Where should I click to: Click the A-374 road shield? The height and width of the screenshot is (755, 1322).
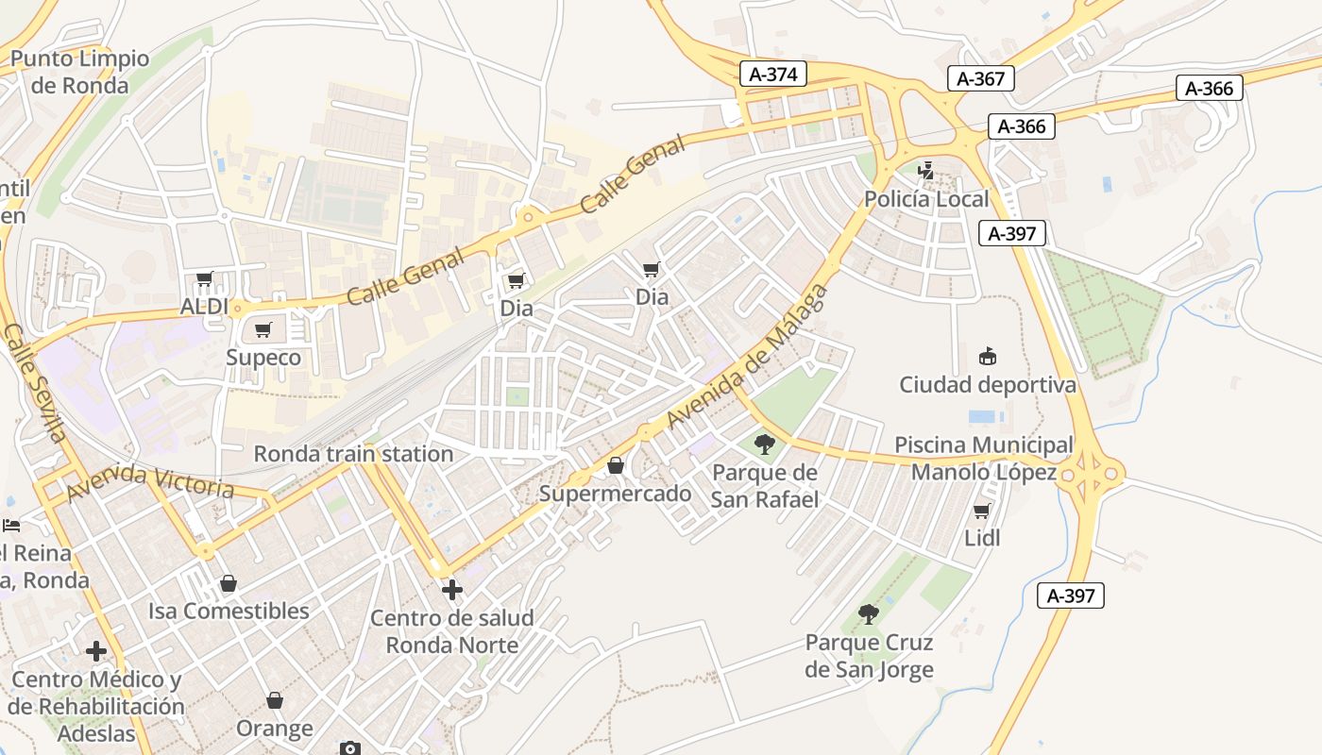tap(772, 75)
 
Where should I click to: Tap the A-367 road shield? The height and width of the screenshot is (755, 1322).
tap(980, 78)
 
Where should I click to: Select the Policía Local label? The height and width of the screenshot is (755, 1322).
tap(926, 199)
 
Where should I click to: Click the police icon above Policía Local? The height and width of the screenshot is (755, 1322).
tap(927, 171)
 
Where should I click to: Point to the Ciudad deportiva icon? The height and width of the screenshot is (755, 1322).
tap(988, 357)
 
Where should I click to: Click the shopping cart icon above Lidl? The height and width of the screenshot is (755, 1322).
tap(982, 511)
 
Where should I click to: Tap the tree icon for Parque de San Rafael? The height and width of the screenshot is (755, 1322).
tap(764, 444)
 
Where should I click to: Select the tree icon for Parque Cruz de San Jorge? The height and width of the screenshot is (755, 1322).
tap(869, 614)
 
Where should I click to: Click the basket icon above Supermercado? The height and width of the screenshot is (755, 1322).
tap(616, 465)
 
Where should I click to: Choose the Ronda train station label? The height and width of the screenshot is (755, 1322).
tap(353, 454)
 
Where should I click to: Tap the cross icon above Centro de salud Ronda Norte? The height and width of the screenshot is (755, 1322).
tap(452, 590)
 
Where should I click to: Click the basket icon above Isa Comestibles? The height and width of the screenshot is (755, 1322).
tap(228, 583)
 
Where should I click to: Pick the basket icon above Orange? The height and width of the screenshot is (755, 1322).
tap(275, 700)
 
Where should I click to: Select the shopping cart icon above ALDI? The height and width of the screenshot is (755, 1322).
tap(205, 279)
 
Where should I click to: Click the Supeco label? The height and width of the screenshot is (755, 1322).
tap(263, 358)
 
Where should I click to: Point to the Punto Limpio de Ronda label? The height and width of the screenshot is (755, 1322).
tap(79, 72)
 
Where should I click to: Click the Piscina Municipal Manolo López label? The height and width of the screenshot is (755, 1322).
tap(983, 458)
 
